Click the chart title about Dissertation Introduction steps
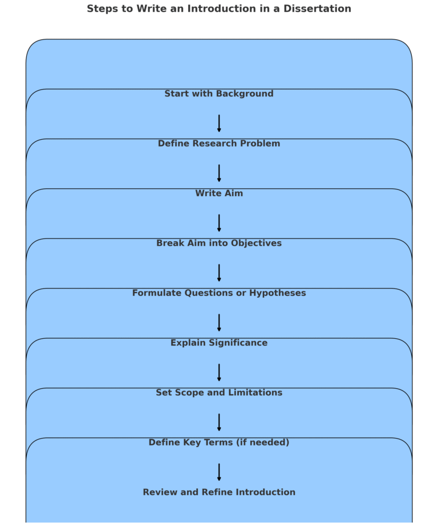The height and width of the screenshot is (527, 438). pyautogui.click(x=219, y=9)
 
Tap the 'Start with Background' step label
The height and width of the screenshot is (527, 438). pyautogui.click(x=219, y=94)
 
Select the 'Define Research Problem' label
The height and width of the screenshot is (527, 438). pyautogui.click(x=219, y=144)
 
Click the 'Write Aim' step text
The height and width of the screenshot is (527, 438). pyautogui.click(x=219, y=194)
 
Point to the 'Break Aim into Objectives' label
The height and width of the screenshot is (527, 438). pyautogui.click(x=219, y=244)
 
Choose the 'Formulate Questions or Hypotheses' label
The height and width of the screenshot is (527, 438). pyautogui.click(x=219, y=293)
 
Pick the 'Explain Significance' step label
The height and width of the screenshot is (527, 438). pyautogui.click(x=219, y=343)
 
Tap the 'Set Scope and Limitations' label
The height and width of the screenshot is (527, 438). pyautogui.click(x=219, y=393)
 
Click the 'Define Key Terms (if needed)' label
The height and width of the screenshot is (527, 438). pyautogui.click(x=219, y=443)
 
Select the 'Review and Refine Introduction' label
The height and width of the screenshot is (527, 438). pyautogui.click(x=219, y=493)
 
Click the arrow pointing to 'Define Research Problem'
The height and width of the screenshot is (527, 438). pyautogui.click(x=219, y=124)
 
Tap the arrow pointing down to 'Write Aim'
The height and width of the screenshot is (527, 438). pyautogui.click(x=219, y=173)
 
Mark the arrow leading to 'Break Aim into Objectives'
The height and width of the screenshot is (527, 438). pyautogui.click(x=219, y=223)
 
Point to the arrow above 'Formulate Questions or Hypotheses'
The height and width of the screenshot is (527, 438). pyautogui.click(x=219, y=273)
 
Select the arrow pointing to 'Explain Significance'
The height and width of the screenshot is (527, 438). pyautogui.click(x=219, y=323)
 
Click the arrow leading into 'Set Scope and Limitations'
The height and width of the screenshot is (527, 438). pyautogui.click(x=219, y=372)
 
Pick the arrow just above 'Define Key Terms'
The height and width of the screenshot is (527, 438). pyautogui.click(x=219, y=423)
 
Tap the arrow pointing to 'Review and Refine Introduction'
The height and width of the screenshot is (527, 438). pyautogui.click(x=219, y=472)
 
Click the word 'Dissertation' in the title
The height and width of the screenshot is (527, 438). pyautogui.click(x=319, y=9)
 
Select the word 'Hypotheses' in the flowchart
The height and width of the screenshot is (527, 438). pyautogui.click(x=279, y=293)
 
